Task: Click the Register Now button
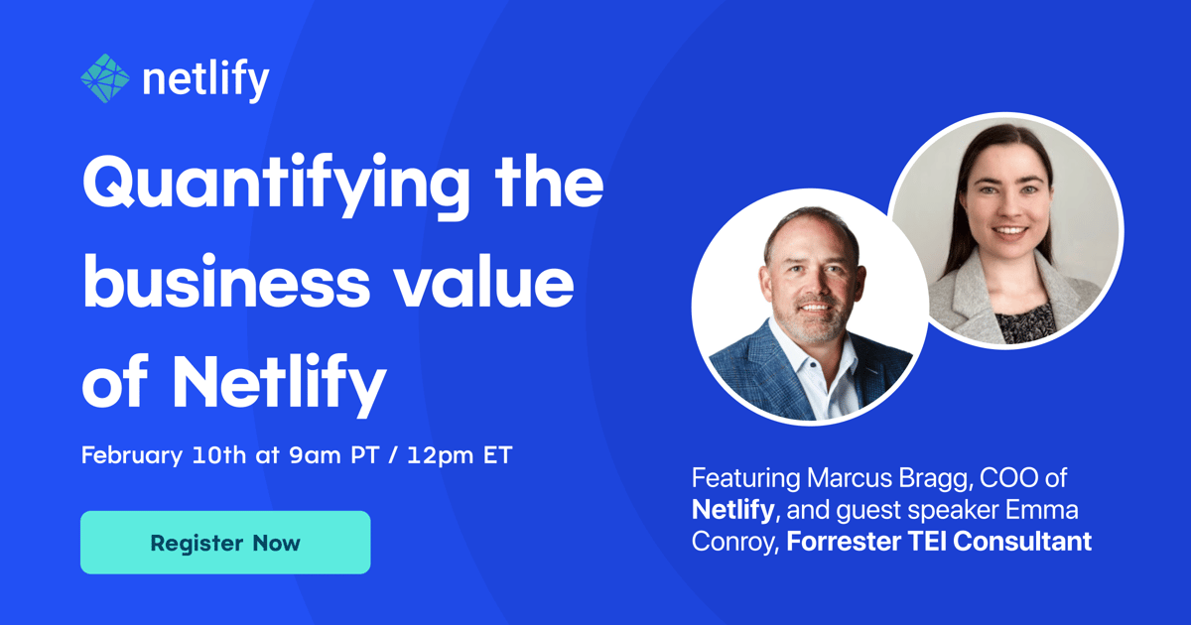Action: tap(225, 542)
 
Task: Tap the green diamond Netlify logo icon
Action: tap(105, 78)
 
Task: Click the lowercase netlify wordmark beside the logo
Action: tap(206, 79)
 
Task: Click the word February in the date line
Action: tap(132, 456)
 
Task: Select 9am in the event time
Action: tap(315, 455)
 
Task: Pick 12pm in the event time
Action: tap(441, 456)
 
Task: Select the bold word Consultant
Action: tap(1022, 541)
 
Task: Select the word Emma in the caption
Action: tap(1041, 509)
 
